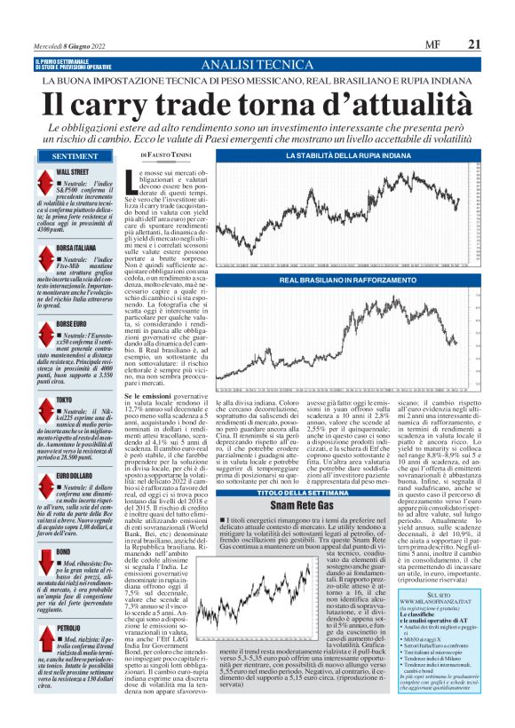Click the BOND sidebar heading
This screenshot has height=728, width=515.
click(63, 526)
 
